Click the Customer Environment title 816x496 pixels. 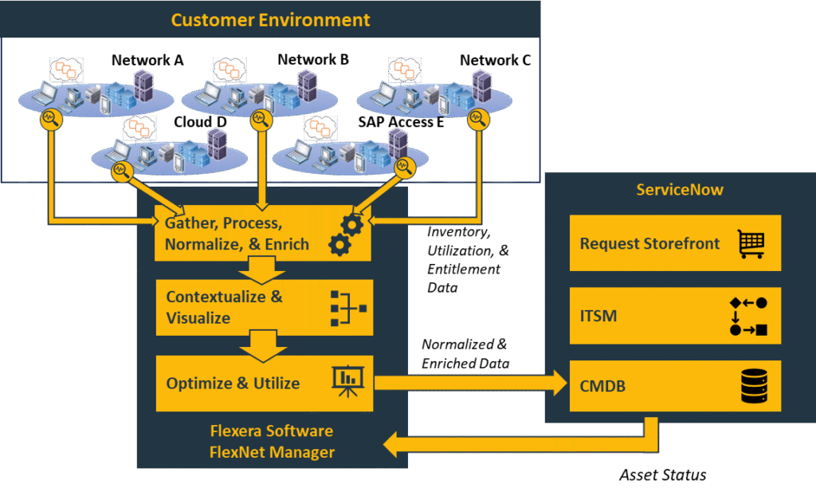pyautogui.click(x=270, y=20)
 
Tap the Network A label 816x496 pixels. pyautogui.click(x=147, y=60)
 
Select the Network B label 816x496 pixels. pyautogui.click(x=313, y=60)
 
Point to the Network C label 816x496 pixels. pyautogui.click(x=495, y=60)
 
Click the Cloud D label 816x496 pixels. pyautogui.click(x=201, y=121)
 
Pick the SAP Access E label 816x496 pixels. pyautogui.click(x=401, y=121)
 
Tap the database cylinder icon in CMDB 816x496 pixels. pyautogui.click(x=752, y=388)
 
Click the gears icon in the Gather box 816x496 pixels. pyautogui.click(x=347, y=233)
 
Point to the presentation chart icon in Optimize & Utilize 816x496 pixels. pyautogui.click(x=347, y=382)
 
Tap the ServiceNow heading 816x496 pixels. pyautogui.click(x=680, y=191)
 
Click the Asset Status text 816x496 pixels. pyautogui.click(x=662, y=475)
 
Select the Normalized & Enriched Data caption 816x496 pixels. pyautogui.click(x=465, y=353)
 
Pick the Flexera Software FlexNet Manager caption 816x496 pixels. pyautogui.click(x=272, y=442)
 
